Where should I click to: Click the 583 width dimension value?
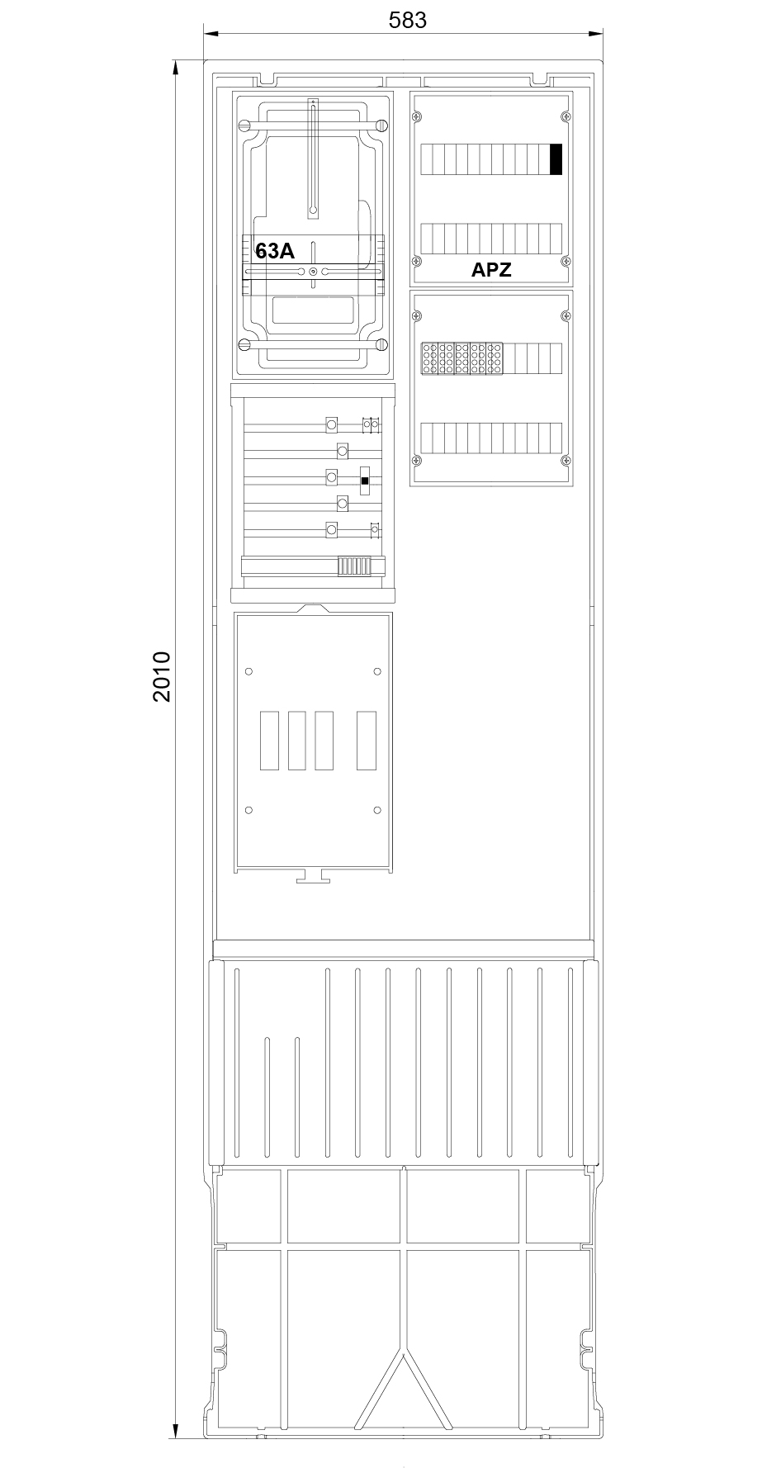tap(408, 20)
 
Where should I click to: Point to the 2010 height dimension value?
tap(161, 676)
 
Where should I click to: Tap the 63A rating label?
tap(275, 251)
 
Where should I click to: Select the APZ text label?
tap(491, 269)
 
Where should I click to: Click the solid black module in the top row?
tap(556, 159)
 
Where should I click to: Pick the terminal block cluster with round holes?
tap(462, 359)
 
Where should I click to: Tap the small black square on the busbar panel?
tap(365, 480)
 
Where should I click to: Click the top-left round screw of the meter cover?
tap(244, 125)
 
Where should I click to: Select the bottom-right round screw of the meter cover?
tap(381, 345)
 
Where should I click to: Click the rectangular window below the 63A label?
tap(313, 311)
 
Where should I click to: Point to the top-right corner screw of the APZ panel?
tap(566, 115)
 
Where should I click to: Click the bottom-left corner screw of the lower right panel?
tap(418, 461)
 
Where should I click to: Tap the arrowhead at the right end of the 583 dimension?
tap(596, 34)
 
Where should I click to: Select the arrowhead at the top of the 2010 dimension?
tap(176, 67)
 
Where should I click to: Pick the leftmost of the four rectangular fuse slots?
tap(269, 741)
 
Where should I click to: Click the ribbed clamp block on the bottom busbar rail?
tap(353, 566)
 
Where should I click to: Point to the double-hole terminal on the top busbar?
tap(372, 425)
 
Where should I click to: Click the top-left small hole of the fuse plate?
tap(249, 670)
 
